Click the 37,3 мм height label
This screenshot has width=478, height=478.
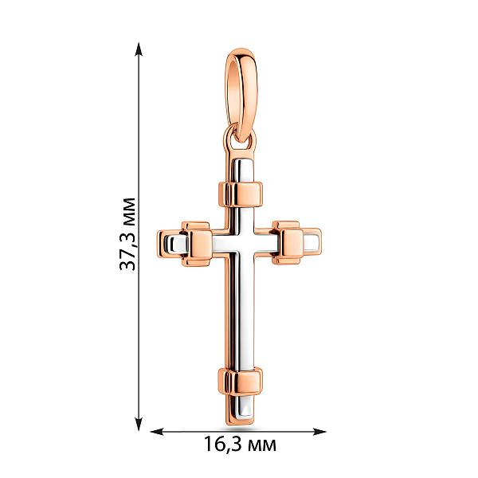coord(127,233)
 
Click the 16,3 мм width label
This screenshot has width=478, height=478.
coord(240,444)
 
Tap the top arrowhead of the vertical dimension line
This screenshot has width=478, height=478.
coord(139,49)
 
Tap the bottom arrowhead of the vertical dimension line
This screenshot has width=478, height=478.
coord(139,425)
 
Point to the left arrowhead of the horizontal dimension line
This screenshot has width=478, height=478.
coord(157,431)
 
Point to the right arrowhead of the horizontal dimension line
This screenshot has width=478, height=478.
coord(319,431)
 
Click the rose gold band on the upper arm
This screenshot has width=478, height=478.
coord(241,194)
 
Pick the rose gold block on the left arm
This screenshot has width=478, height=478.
coord(197,244)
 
